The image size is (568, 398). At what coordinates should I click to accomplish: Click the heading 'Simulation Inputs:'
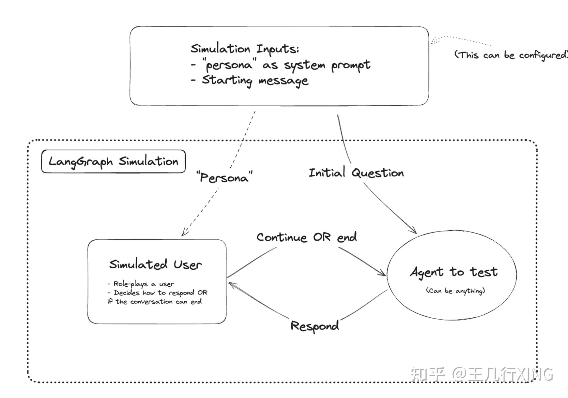point(244,49)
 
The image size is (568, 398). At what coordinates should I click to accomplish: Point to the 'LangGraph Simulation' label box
point(113,161)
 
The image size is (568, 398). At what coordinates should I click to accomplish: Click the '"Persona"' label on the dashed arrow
point(224,177)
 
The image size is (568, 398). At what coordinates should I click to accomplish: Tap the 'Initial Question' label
point(356,173)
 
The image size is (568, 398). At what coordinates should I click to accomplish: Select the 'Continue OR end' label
point(306,237)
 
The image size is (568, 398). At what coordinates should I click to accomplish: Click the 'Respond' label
point(314,326)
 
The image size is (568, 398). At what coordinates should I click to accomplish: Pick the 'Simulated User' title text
point(155,265)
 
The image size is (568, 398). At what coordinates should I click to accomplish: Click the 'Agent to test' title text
point(453,272)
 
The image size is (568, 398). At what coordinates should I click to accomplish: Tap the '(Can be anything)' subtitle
point(455,291)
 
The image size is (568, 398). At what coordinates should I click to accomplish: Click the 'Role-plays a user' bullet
point(141,284)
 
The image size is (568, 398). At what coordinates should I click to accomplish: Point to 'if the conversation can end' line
point(154,302)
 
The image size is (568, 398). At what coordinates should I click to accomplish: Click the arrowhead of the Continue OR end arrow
point(383,273)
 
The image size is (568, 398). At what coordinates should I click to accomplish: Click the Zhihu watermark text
point(481,375)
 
